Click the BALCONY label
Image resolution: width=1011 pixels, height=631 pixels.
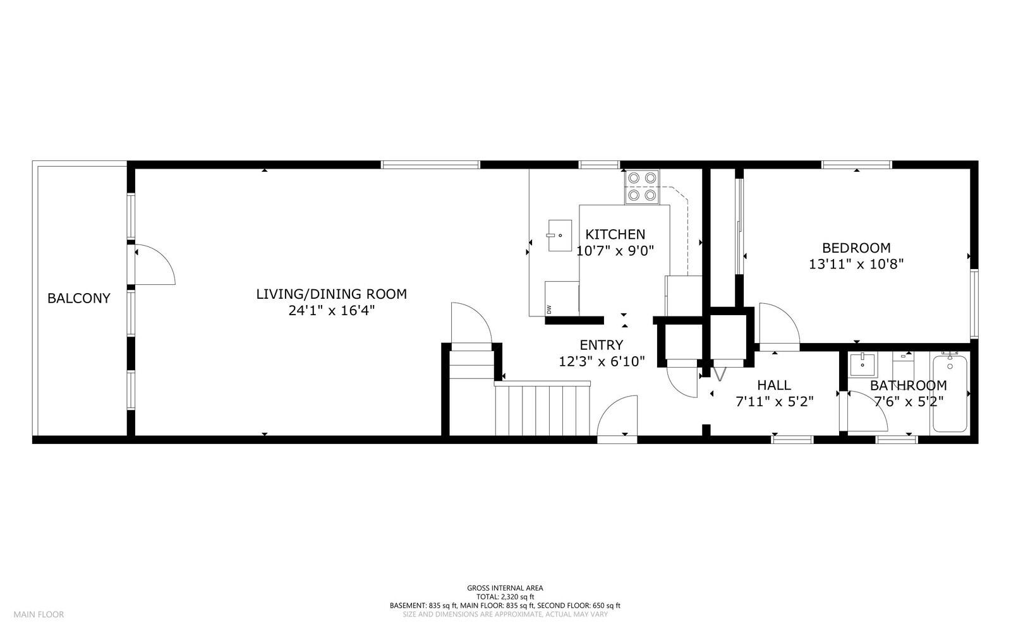pos(79,298)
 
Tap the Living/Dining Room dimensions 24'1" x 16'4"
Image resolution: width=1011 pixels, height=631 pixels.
pos(331,311)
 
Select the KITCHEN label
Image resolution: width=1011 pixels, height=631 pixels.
pos(615,234)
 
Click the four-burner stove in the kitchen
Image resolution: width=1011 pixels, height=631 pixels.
pos(642,187)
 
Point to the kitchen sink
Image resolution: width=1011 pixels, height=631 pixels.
pos(559,236)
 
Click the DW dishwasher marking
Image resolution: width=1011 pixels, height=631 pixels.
pos(549,309)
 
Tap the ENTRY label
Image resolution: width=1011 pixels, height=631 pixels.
pos(601,345)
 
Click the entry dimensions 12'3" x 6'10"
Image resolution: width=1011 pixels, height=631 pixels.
pos(602,361)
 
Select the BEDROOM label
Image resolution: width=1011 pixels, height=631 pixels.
pos(856,248)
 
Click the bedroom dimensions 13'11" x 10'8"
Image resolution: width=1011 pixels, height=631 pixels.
pos(856,264)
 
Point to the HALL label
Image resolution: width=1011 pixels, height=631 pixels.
pos(774,385)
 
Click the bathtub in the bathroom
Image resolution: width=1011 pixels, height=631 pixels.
pos(950,394)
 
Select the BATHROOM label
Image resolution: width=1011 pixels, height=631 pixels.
pos(908,385)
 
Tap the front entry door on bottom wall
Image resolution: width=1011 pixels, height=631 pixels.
pos(618,417)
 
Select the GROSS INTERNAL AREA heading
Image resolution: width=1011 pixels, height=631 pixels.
pos(505,588)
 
